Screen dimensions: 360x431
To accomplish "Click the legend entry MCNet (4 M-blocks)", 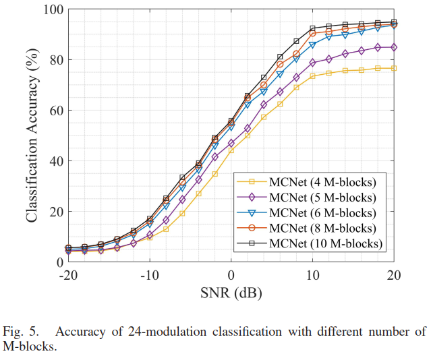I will click(x=316, y=182).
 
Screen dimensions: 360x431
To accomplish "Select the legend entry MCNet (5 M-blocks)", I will click(x=316, y=198).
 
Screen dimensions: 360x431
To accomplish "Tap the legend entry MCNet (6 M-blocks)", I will click(x=316, y=212).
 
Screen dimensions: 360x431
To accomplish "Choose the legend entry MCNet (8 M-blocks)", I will click(x=316, y=228).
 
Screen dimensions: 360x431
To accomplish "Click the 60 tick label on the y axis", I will click(x=55, y=111).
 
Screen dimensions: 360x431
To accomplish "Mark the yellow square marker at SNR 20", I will click(x=394, y=68).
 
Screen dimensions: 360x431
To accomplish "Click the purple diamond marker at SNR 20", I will click(x=394, y=47).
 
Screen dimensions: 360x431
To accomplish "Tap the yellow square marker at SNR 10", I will click(x=312, y=76).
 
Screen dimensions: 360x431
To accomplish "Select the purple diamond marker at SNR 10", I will click(x=312, y=63).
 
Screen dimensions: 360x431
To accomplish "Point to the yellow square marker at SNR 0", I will click(x=231, y=150).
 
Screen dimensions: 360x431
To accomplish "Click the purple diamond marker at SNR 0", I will click(x=231, y=143).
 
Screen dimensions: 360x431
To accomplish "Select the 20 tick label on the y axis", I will click(x=55, y=211).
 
